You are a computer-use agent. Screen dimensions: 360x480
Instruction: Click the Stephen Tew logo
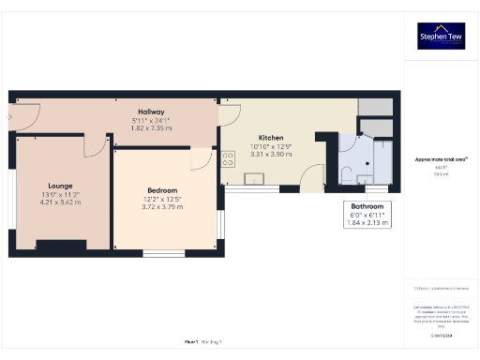tap(441, 36)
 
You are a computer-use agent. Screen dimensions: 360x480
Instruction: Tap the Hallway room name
tap(150, 112)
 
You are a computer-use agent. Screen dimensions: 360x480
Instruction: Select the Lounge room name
tap(62, 186)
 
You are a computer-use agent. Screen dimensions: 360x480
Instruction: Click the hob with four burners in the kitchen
tap(227, 160)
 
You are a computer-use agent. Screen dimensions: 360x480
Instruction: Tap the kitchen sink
tap(254, 179)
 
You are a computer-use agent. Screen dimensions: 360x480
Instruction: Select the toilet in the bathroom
tap(347, 173)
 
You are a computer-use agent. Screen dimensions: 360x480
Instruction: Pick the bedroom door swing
tap(202, 159)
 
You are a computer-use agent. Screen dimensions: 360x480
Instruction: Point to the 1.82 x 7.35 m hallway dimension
tap(150, 127)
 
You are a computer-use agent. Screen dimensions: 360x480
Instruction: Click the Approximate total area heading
tap(441, 159)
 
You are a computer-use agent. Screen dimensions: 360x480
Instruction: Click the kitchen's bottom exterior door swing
tap(313, 173)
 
